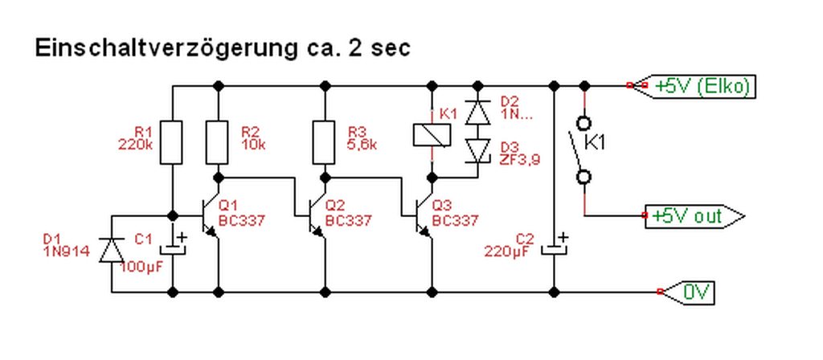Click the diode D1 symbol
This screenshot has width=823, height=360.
click(x=111, y=249)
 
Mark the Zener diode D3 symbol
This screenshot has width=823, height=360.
click(x=479, y=150)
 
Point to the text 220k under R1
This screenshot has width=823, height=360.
click(x=136, y=145)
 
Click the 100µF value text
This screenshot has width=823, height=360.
click(x=143, y=267)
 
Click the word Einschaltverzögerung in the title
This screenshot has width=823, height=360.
click(x=157, y=48)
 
